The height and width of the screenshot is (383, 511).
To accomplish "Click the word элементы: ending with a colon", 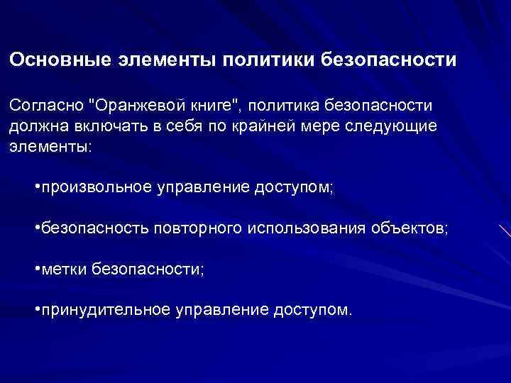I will pos(50,146).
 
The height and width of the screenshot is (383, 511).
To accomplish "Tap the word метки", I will pos(64,270).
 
